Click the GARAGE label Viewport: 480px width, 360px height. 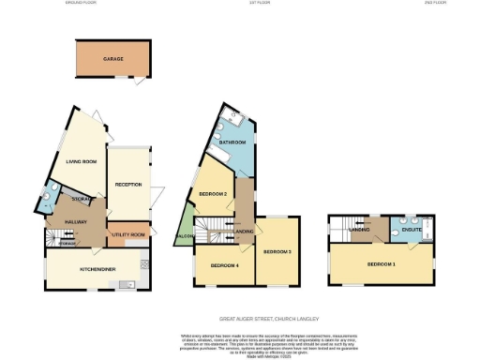pos(113,58)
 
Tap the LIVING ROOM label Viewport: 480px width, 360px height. pos(82,162)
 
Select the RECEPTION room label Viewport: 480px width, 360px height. pos(127,184)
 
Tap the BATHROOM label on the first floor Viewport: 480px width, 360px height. pos(232,142)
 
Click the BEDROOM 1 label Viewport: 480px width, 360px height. pos(381,264)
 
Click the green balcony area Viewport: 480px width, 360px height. pos(184,232)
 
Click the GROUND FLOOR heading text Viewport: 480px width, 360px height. pos(82,4)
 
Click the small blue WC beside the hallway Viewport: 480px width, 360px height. pos(48,201)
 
